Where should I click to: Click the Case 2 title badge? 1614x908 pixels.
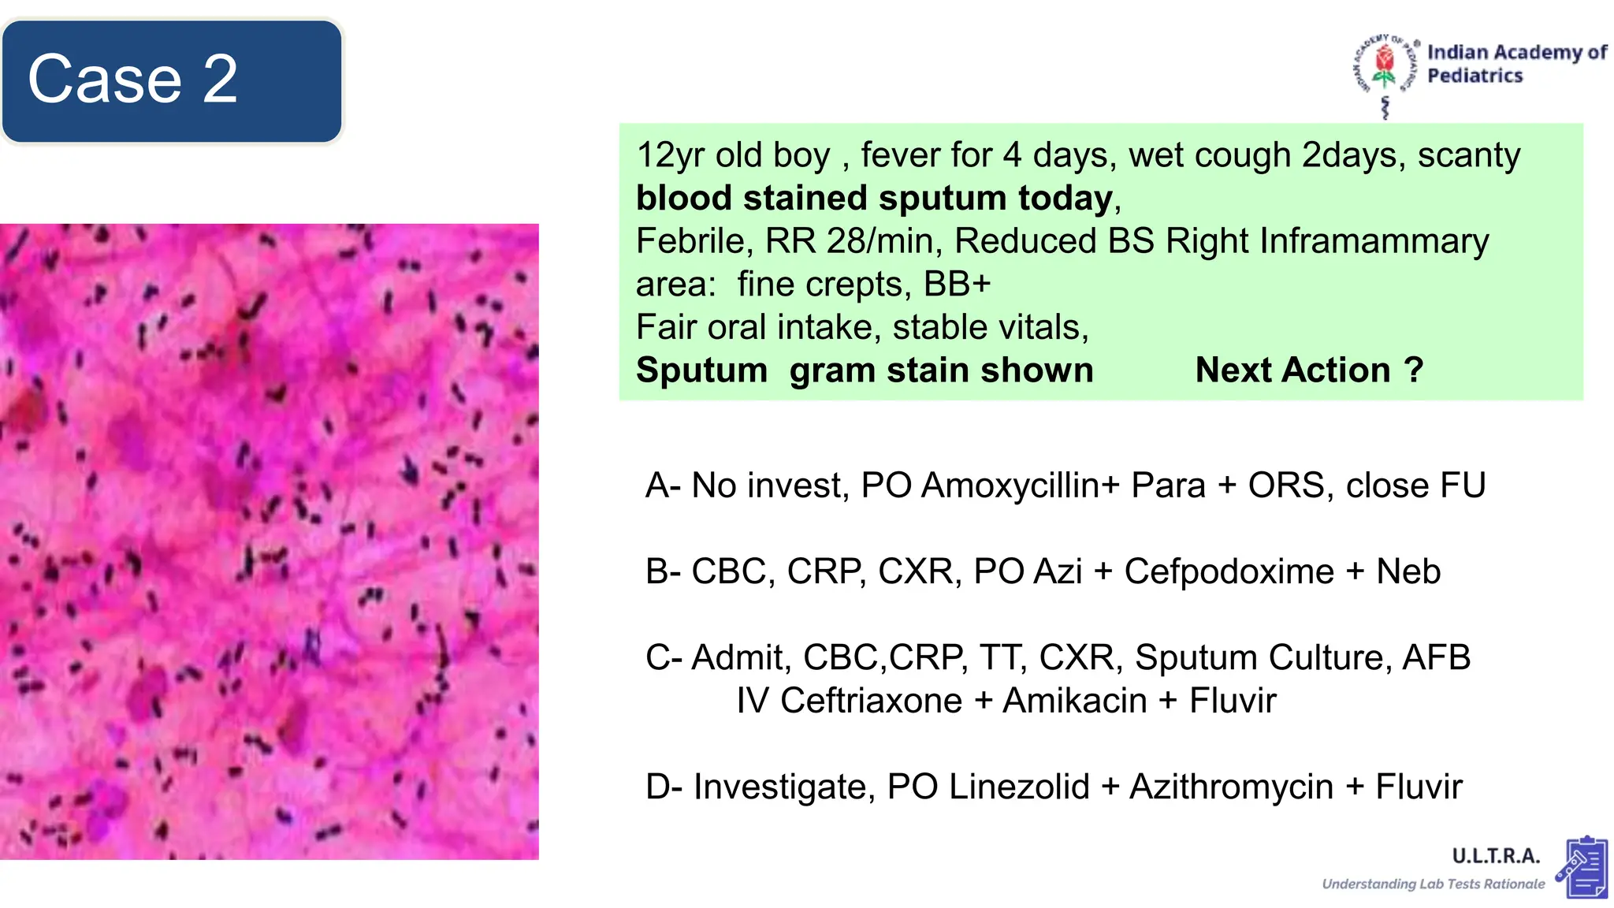point(172,80)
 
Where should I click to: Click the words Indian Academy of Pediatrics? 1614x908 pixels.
point(1516,64)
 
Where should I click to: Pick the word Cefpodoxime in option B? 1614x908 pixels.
point(1229,571)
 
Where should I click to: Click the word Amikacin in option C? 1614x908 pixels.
point(1074,701)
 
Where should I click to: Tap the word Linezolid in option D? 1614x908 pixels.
point(1019,787)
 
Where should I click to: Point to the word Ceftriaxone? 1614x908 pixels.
point(871,701)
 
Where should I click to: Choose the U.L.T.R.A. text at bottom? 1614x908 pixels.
point(1495,856)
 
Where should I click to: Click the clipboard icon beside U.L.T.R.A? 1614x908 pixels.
point(1582,868)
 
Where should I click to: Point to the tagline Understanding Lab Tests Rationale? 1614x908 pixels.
point(1433,884)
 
